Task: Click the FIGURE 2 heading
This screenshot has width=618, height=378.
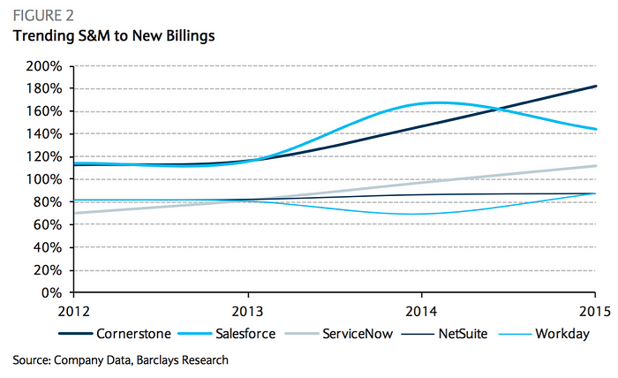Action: (41, 16)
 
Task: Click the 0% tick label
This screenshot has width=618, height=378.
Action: (51, 293)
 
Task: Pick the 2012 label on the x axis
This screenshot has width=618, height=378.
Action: (73, 312)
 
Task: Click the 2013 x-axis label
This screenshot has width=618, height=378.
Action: (248, 312)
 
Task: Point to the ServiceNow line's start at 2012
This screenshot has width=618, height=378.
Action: (73, 213)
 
